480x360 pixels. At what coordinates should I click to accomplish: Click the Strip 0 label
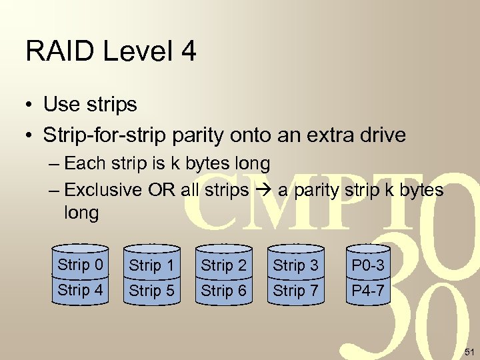[80, 265]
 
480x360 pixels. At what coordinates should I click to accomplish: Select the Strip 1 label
[151, 265]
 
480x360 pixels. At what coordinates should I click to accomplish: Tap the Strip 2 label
[223, 265]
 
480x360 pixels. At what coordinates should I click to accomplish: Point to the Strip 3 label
[295, 265]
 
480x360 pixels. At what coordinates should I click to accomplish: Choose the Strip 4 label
[80, 290]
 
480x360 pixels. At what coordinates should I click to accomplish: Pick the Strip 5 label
[151, 291]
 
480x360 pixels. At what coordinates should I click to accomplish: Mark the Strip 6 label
[223, 291]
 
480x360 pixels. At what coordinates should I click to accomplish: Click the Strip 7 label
[295, 291]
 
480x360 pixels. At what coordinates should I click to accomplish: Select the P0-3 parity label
[368, 265]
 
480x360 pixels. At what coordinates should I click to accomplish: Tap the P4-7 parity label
[368, 291]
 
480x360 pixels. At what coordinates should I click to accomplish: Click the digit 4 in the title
[188, 51]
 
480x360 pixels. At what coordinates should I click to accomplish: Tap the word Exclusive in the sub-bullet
[103, 190]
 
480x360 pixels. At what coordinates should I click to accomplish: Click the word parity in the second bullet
[197, 135]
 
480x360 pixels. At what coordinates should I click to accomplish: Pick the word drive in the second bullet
[379, 135]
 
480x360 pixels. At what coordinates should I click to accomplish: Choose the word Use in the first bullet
[63, 105]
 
